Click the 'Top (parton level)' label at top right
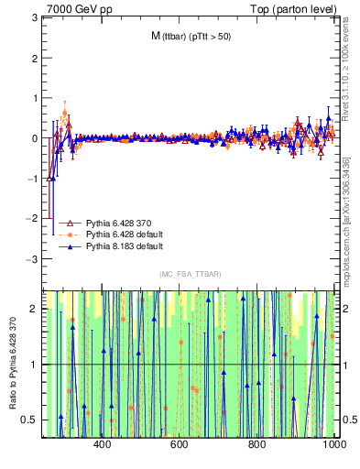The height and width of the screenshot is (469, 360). pyautogui.click(x=298, y=8)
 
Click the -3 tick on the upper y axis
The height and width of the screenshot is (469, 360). pyautogui.click(x=31, y=259)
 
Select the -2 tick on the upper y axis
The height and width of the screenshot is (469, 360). pyautogui.click(x=31, y=219)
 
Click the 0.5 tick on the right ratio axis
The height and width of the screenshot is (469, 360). pyautogui.click(x=348, y=420)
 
